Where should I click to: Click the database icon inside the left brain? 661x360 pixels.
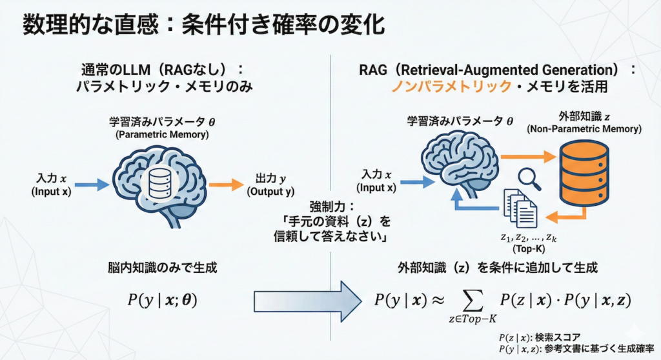click(158, 184)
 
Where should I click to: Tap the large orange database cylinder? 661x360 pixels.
click(584, 169)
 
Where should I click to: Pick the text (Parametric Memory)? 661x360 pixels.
click(159, 134)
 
